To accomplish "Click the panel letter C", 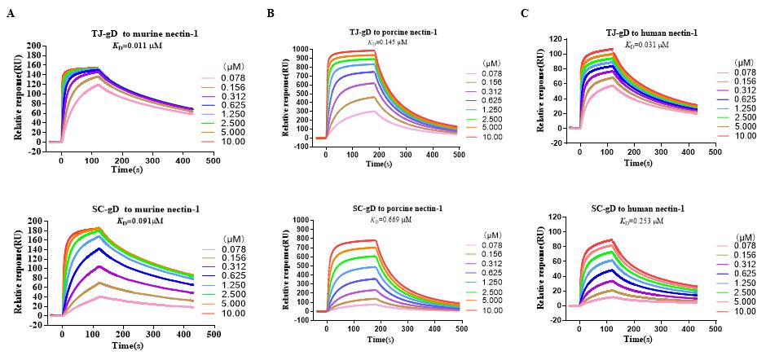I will coord(525,13).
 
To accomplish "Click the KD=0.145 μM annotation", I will coord(393,42).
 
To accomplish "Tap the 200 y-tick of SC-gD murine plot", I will coord(34,221).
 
